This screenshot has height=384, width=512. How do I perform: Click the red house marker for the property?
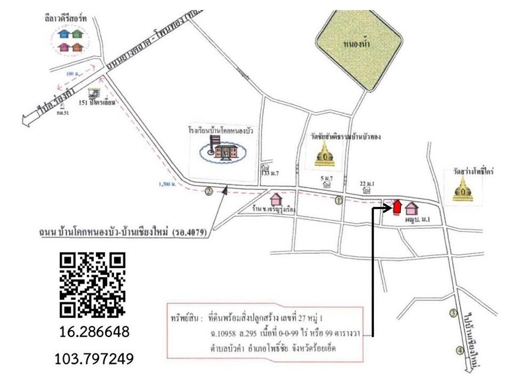(397, 206)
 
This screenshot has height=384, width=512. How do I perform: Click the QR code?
(92, 284)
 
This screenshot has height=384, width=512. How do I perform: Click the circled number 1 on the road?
(339, 201)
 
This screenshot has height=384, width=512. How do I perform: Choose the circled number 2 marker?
(208, 190)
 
